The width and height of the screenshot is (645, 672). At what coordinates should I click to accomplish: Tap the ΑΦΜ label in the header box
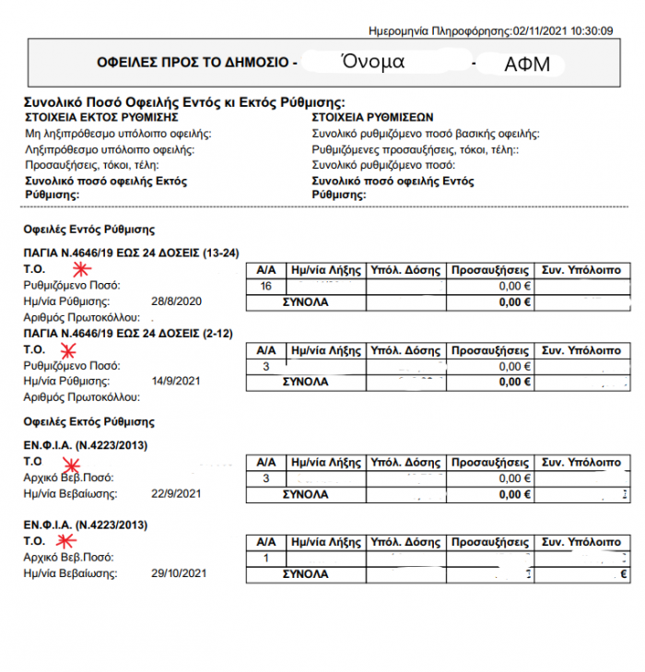[x=525, y=65]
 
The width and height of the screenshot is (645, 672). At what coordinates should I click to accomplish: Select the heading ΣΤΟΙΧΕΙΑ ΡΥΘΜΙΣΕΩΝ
[x=372, y=118]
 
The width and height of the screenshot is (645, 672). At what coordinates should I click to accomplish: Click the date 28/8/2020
[x=175, y=301]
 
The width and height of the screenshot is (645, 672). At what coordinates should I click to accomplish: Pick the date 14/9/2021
[x=175, y=381]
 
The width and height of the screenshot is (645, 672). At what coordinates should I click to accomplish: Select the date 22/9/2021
[x=175, y=494]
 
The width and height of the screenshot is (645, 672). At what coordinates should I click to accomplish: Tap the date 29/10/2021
[x=179, y=573]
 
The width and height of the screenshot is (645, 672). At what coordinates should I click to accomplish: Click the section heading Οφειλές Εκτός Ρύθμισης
[x=88, y=421]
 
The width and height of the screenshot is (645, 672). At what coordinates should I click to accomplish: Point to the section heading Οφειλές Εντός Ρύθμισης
[x=88, y=229]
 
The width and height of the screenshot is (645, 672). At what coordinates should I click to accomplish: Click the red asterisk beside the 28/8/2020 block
[x=82, y=270]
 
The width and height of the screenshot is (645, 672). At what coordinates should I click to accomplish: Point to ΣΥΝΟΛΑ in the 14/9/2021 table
[x=305, y=381]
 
